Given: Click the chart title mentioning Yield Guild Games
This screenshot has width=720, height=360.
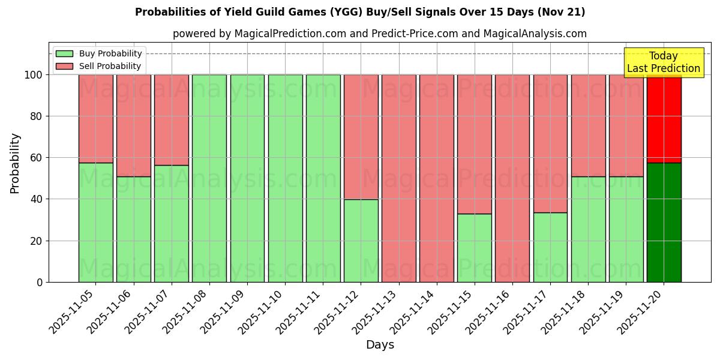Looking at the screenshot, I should (x=360, y=12).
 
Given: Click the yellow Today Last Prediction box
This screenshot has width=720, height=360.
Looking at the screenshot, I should (x=664, y=62).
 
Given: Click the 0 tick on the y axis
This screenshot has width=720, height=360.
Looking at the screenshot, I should (x=40, y=282).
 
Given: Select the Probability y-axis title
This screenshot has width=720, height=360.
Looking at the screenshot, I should (x=15, y=163).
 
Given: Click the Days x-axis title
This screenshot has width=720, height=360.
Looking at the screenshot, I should (x=380, y=345).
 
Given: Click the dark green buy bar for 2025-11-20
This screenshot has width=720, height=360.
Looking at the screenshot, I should (x=664, y=222).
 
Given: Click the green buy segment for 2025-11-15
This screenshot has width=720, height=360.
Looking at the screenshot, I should (x=474, y=248).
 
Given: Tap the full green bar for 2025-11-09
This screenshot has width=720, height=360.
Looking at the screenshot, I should (x=247, y=178).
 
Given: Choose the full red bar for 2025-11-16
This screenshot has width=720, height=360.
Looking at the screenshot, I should (x=512, y=178).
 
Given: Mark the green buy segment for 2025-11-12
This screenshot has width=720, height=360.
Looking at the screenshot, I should (x=361, y=241).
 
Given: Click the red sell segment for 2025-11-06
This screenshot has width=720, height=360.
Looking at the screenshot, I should (x=133, y=125).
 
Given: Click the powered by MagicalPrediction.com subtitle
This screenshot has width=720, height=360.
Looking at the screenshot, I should (x=380, y=34).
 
